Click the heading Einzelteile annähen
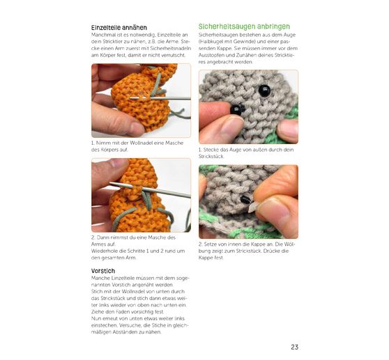tap(119, 27)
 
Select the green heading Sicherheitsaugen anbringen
tap(244, 26)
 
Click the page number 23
tap(294, 347)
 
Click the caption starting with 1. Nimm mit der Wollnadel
tap(137, 146)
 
